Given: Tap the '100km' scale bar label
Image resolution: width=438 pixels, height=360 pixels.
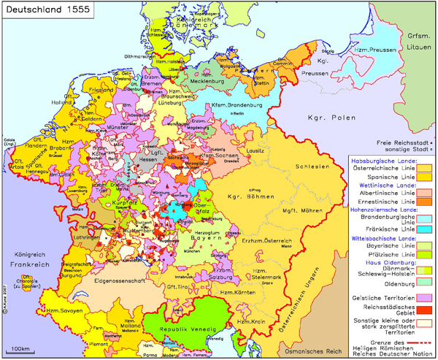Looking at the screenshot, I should (x=21, y=349).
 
